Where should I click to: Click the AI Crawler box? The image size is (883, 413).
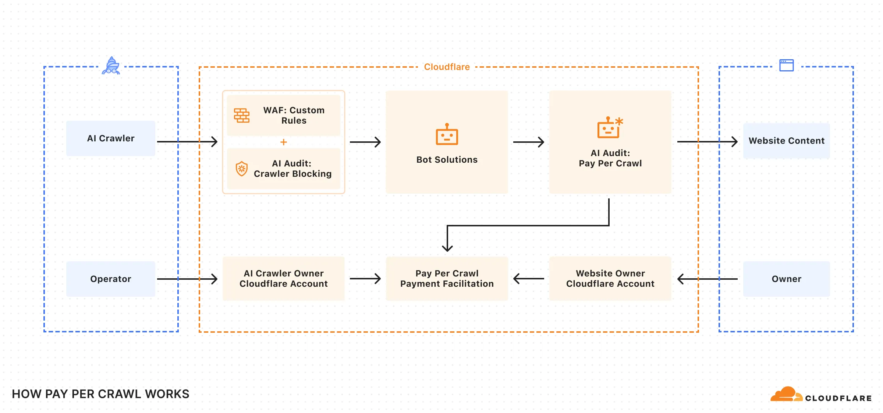tap(110, 138)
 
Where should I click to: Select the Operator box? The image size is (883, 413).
tap(110, 279)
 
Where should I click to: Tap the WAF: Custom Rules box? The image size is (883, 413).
tap(283, 115)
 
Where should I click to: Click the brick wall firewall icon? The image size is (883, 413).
tap(242, 116)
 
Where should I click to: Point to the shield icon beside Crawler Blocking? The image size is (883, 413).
tap(241, 169)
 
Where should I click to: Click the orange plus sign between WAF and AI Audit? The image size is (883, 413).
tap(283, 142)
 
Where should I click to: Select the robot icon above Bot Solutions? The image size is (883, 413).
tap(447, 134)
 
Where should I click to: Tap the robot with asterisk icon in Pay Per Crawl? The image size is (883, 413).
tap(610, 128)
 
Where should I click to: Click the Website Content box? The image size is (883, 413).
tap(786, 141)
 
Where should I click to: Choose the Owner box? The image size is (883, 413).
tap(786, 279)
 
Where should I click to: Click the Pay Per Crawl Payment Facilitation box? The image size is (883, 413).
tap(447, 279)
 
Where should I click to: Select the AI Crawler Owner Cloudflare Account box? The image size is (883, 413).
tap(283, 279)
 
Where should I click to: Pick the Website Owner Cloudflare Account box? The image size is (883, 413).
tap(610, 279)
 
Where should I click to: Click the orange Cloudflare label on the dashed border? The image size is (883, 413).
tap(447, 67)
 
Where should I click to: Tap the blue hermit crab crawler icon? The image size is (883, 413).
tap(111, 66)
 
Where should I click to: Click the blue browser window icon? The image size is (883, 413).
tap(787, 66)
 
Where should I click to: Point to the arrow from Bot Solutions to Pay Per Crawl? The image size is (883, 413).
tap(528, 142)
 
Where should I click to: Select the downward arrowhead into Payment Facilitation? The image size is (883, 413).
tap(447, 247)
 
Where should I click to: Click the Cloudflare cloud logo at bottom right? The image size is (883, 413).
tap(786, 395)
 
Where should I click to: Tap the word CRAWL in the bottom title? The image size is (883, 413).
tap(123, 394)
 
